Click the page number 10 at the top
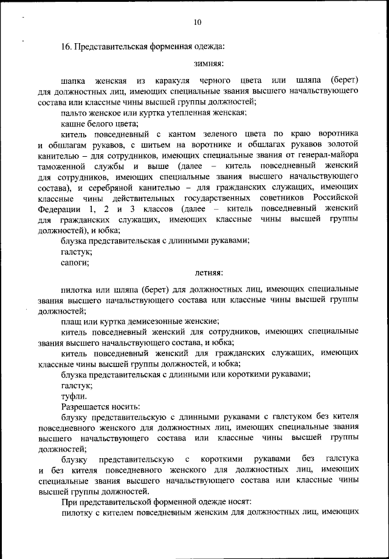pos(198,22)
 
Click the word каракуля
pos(175,80)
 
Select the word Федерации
pos(59,209)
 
